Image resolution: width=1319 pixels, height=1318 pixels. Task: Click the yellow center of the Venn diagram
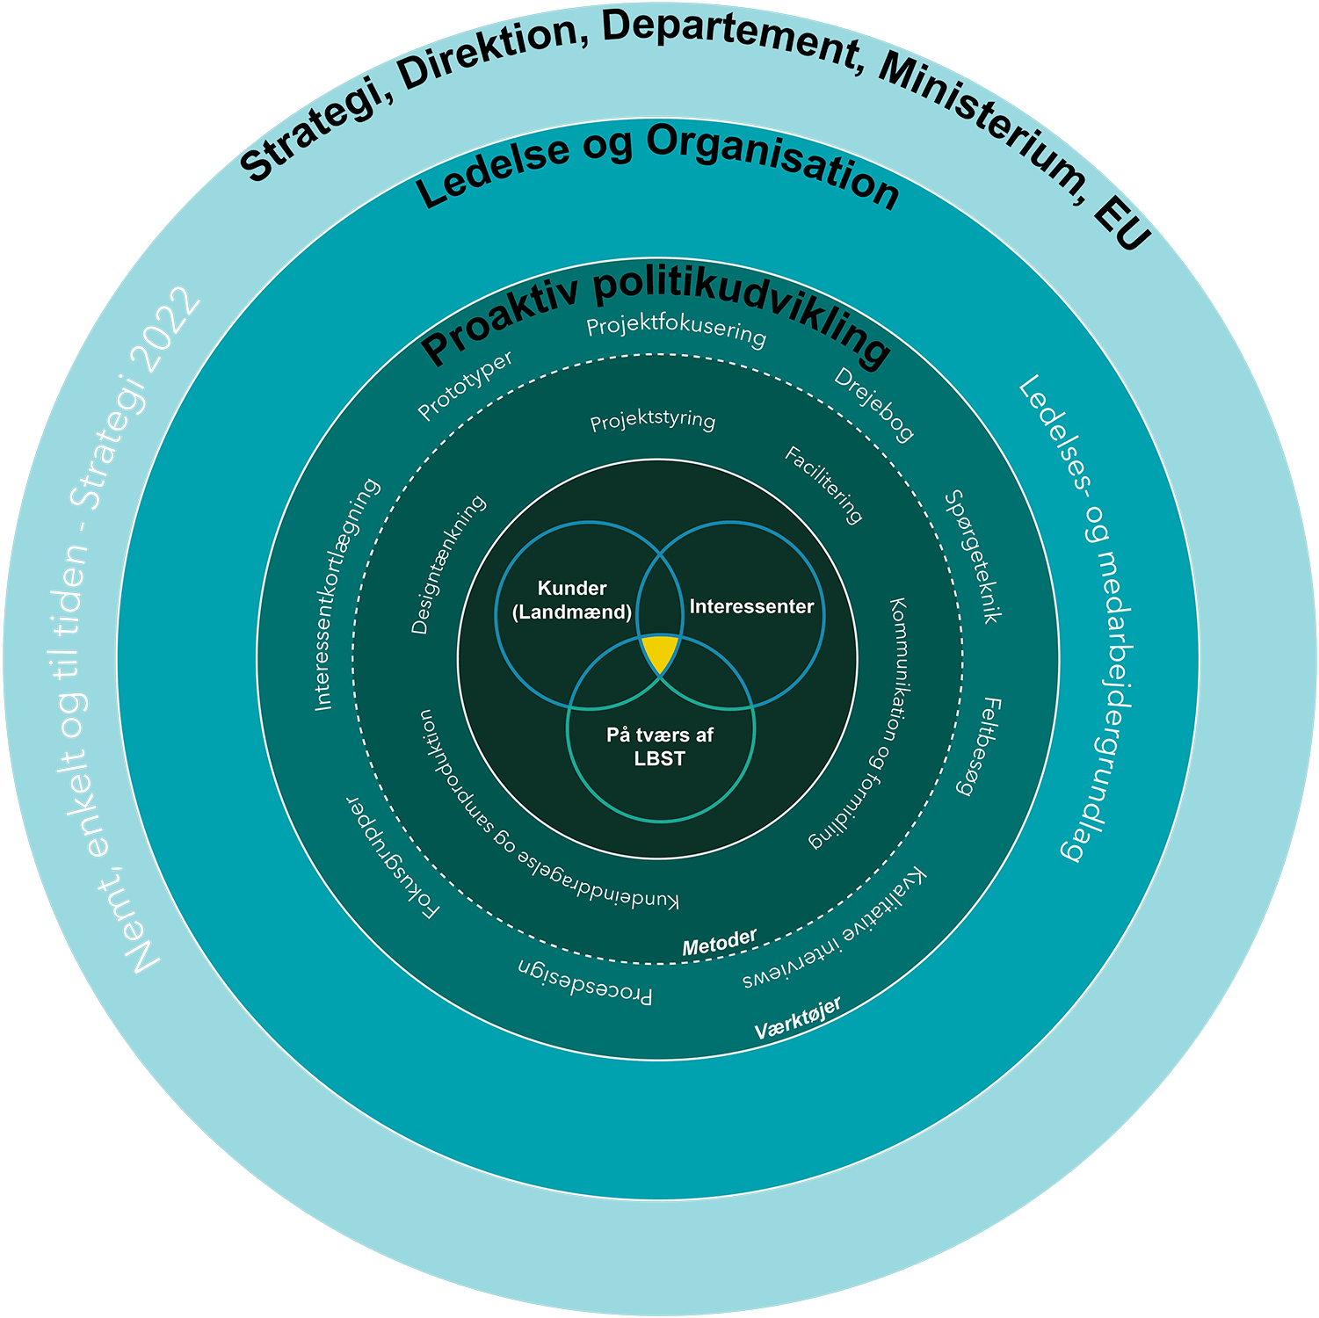pyautogui.click(x=659, y=652)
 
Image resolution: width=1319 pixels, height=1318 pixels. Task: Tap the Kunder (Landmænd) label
pyautogui.click(x=572, y=600)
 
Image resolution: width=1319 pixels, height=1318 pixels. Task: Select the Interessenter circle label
pyautogui.click(x=751, y=606)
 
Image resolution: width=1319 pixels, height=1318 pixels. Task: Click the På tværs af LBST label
pyautogui.click(x=660, y=747)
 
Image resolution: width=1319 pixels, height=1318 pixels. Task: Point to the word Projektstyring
pyautogui.click(x=652, y=421)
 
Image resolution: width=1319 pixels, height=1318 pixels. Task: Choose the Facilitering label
pyautogui.click(x=823, y=485)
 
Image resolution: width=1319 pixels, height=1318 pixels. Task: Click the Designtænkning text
pyautogui.click(x=448, y=565)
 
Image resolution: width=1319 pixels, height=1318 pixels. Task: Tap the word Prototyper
pyautogui.click(x=465, y=386)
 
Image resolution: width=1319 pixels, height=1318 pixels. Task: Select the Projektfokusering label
pyautogui.click(x=677, y=330)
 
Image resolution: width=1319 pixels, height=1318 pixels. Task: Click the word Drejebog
pyautogui.click(x=873, y=404)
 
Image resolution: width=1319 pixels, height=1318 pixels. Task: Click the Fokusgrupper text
pyautogui.click(x=392, y=858)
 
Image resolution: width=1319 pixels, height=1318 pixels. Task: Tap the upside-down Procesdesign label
pyautogui.click(x=584, y=981)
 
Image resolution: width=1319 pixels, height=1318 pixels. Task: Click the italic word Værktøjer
pyautogui.click(x=797, y=1018)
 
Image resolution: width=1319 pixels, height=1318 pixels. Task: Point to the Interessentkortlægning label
pyautogui.click(x=347, y=594)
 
